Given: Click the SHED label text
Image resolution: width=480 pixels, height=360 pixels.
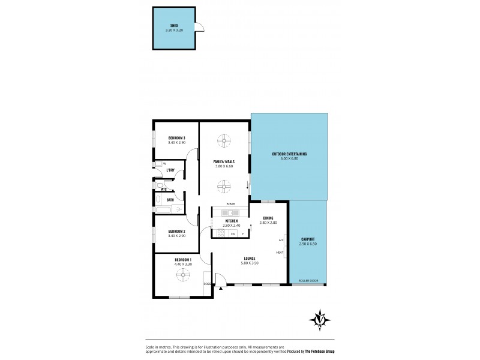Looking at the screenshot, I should pyautogui.click(x=174, y=26).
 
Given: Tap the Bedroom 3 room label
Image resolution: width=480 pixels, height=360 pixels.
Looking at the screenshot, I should pyautogui.click(x=176, y=139).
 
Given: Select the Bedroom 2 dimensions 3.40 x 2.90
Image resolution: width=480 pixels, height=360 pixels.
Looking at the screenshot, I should pyautogui.click(x=176, y=236).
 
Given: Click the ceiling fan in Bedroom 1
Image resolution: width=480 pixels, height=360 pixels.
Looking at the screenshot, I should pyautogui.click(x=183, y=274).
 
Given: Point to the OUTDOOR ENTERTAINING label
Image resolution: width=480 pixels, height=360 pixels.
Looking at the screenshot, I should pyautogui.click(x=289, y=154).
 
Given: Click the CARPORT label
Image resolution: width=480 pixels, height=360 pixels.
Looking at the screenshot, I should pyautogui.click(x=308, y=239).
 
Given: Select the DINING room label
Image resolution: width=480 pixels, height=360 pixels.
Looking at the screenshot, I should pyautogui.click(x=268, y=218).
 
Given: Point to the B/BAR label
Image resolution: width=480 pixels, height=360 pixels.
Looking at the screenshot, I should pyautogui.click(x=230, y=205).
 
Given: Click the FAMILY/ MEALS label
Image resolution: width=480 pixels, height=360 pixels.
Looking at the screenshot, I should pyautogui.click(x=224, y=161).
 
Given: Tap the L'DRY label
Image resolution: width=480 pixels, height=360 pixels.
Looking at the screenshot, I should pyautogui.click(x=170, y=170).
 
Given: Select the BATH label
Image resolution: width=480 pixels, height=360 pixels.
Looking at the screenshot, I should pyautogui.click(x=170, y=200).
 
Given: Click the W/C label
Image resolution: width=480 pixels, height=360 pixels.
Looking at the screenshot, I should pyautogui.click(x=163, y=189).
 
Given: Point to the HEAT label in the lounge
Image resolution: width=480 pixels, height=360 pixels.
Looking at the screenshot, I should pyautogui.click(x=280, y=253).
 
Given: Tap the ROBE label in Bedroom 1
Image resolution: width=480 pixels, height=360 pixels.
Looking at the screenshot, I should pyautogui.click(x=207, y=284).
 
